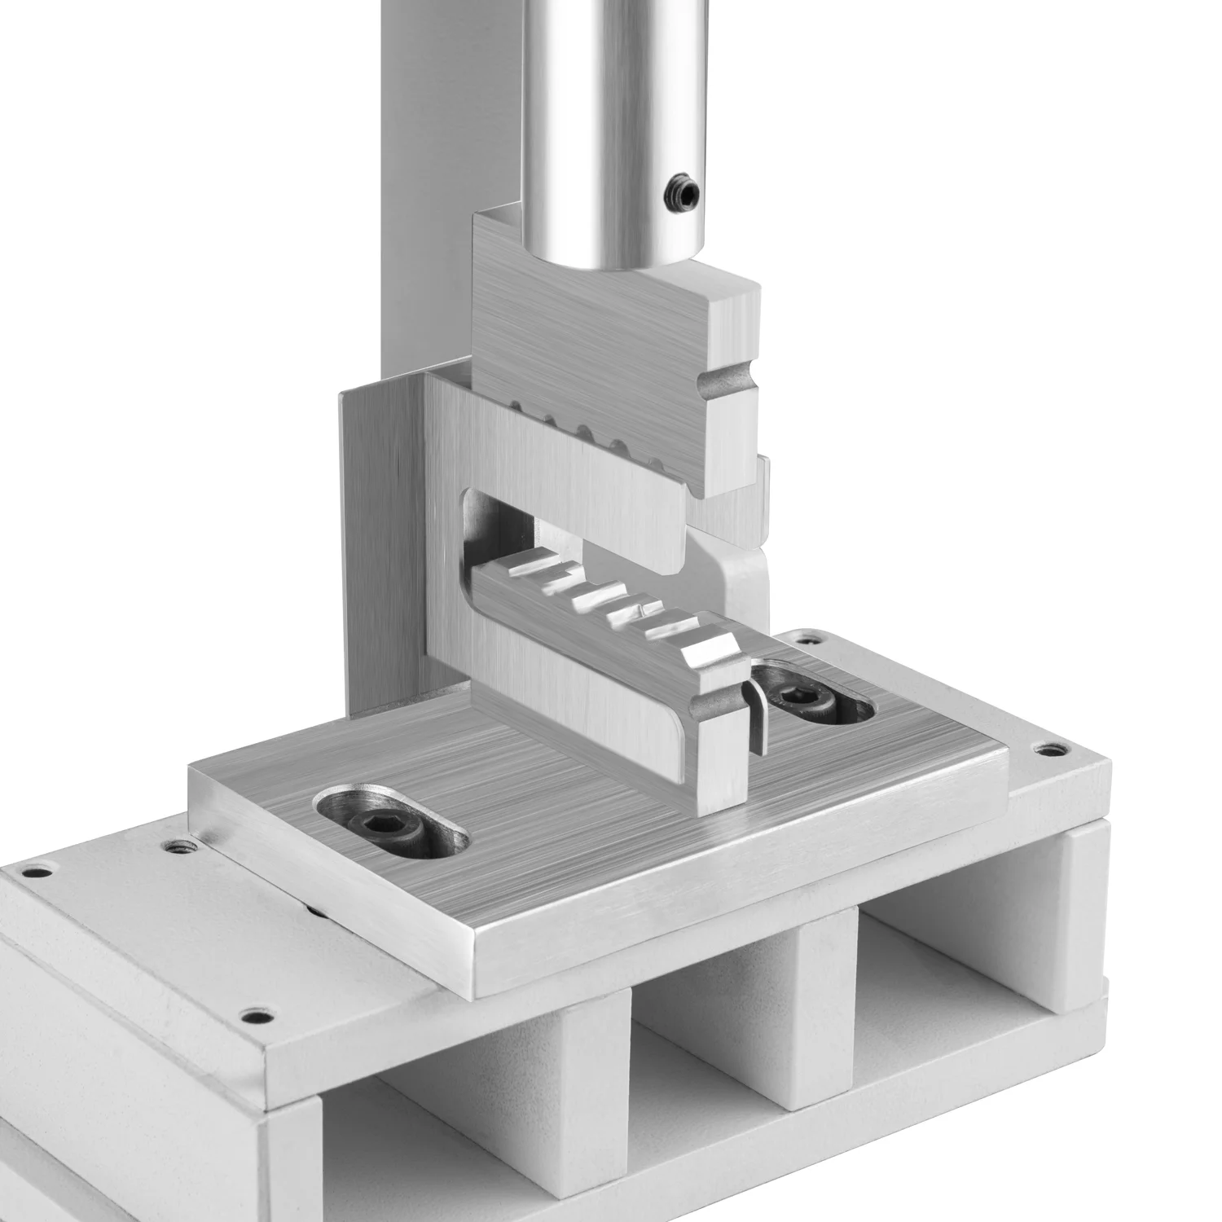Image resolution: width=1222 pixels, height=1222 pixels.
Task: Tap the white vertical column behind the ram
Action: [448, 163]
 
